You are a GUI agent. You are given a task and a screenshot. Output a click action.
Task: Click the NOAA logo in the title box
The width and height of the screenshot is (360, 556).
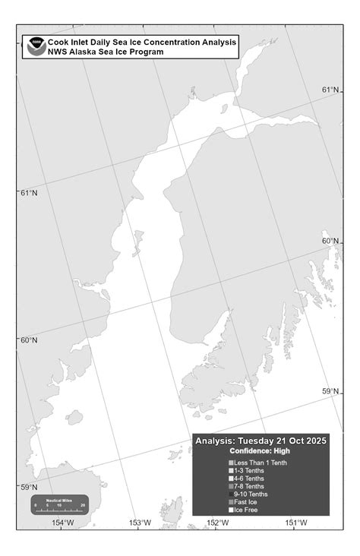click(x=35, y=46)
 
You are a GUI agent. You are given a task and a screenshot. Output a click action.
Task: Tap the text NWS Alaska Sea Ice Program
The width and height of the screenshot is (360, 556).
click(x=106, y=52)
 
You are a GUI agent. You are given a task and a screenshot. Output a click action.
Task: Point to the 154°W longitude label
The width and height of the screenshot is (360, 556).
click(x=63, y=522)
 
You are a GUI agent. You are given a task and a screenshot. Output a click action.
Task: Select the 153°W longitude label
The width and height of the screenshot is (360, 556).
click(x=141, y=522)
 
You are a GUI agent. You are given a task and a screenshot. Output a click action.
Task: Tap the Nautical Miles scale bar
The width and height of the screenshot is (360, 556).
click(x=58, y=504)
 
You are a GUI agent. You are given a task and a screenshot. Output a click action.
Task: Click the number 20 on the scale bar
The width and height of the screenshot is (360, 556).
click(x=83, y=505)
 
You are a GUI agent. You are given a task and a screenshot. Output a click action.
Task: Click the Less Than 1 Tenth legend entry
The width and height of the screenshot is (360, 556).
click(x=261, y=463)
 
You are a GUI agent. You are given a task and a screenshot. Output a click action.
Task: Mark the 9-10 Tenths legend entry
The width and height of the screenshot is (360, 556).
click(x=251, y=494)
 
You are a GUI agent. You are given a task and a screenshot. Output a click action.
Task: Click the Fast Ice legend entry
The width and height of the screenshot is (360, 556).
click(x=246, y=502)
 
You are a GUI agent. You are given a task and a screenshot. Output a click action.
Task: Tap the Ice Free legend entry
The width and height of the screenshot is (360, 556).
click(x=245, y=510)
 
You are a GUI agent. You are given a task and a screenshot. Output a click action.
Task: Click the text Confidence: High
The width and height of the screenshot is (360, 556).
click(x=260, y=450)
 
